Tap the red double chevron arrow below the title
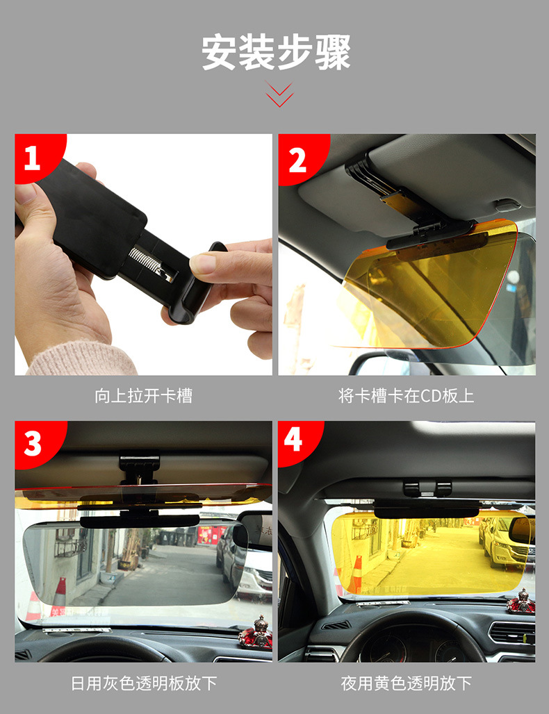279,94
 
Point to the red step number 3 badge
36,444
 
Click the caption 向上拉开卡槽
144,396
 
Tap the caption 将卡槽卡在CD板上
407,396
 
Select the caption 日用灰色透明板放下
144,683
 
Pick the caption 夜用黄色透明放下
407,683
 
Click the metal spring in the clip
150,264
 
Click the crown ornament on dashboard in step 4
521,601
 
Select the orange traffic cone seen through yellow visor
357,574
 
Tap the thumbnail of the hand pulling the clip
144,254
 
